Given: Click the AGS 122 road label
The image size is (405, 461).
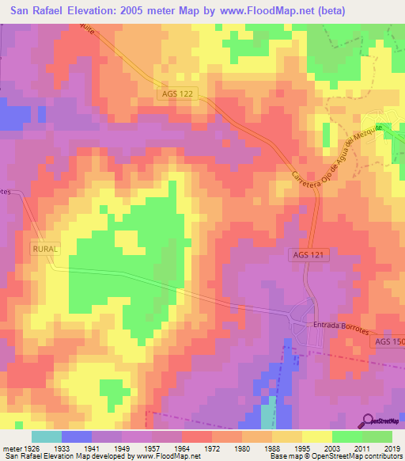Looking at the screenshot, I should click(x=177, y=93).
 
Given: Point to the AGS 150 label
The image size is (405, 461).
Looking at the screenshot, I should click(x=389, y=341).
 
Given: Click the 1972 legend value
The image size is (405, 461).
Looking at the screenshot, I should click(x=212, y=449).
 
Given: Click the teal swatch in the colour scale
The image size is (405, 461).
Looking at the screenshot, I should click(x=47, y=436).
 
